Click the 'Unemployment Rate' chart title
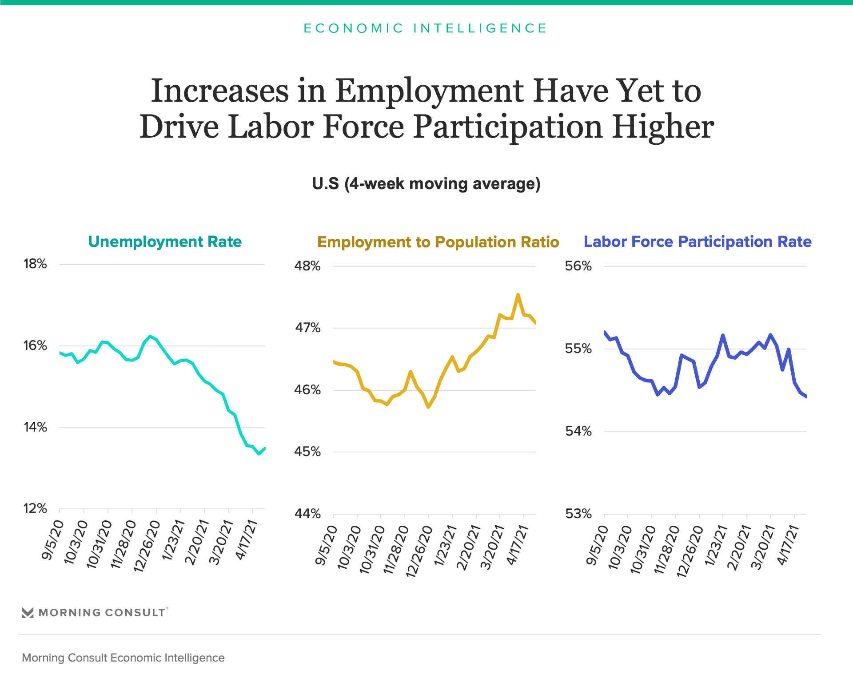point(165,242)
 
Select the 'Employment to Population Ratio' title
point(438,242)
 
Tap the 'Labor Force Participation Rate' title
point(698,242)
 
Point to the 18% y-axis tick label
point(35,264)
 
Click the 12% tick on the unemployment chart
point(35,508)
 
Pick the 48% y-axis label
point(307,266)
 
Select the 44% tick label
point(307,514)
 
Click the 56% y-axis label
point(578,266)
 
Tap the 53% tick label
point(578,514)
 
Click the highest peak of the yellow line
point(518,294)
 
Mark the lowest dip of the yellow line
point(428,407)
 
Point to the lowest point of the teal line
point(259,454)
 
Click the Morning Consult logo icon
point(28,613)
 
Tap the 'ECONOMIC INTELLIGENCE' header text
point(426,28)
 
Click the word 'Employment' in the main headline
point(429,91)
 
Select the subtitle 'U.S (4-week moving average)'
point(426,184)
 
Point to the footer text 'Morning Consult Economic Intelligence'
point(123,658)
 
